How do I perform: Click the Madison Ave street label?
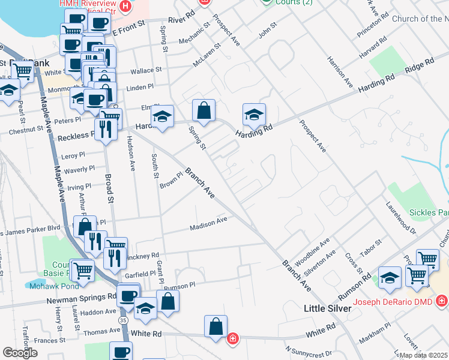208,224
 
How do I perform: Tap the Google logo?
20,353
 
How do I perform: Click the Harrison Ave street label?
339,70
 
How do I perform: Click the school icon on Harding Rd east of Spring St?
254,115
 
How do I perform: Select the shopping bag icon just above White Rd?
215,326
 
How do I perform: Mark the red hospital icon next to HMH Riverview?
125,7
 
